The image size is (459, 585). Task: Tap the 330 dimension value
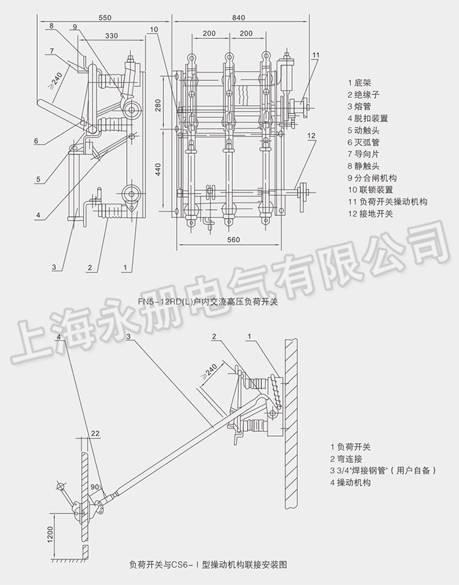click(112, 35)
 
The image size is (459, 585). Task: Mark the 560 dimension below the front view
click(234, 240)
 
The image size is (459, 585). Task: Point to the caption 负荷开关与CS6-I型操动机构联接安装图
click(202, 563)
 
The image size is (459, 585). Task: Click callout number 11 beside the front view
click(316, 55)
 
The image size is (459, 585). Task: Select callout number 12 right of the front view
click(311, 136)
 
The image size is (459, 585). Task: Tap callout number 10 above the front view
click(155, 29)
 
